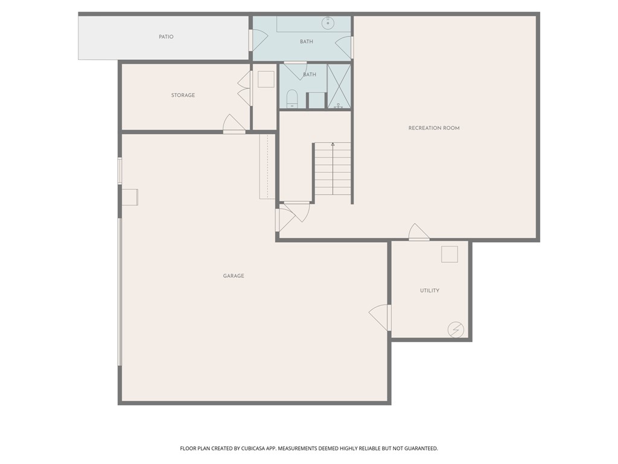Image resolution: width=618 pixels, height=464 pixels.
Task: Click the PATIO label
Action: [166, 37]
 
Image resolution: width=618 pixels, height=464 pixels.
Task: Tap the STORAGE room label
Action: [183, 95]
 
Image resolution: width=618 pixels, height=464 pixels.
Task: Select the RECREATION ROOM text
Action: [434, 128]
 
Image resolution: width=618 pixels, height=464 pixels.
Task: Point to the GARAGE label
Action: [234, 276]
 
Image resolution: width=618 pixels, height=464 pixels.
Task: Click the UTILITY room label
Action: [430, 291]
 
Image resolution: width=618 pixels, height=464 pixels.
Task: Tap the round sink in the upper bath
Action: [328, 24]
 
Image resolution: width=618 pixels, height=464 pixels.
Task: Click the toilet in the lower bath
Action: [292, 98]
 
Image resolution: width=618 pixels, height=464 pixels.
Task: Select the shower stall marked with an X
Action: [339, 86]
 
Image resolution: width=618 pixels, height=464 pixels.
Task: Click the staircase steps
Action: [333, 170]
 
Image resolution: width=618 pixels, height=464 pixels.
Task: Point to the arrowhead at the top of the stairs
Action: [333, 144]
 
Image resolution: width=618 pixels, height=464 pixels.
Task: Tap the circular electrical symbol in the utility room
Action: [456, 329]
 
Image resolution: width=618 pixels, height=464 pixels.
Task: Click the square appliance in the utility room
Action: [450, 254]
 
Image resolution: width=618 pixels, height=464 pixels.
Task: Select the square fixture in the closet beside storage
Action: [266, 79]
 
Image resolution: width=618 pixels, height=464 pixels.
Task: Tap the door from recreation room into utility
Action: [419, 233]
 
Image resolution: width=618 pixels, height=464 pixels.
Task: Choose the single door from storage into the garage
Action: [234, 124]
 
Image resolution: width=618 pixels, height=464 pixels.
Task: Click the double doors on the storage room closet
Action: [244, 89]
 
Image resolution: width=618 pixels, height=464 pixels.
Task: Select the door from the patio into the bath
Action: [258, 40]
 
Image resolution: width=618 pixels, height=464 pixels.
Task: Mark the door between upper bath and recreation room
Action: [344, 48]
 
